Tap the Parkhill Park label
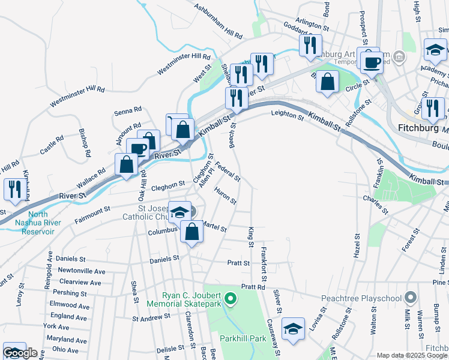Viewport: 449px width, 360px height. (243, 338)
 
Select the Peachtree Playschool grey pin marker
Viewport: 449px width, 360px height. (411, 297)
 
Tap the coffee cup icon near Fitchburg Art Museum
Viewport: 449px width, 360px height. (372, 61)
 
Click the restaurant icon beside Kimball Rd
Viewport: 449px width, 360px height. (13, 188)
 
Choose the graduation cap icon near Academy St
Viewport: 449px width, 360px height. (435, 50)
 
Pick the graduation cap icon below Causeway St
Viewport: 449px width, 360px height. (292, 328)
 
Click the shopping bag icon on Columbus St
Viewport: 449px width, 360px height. (191, 232)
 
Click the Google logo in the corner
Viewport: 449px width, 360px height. (20, 353)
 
